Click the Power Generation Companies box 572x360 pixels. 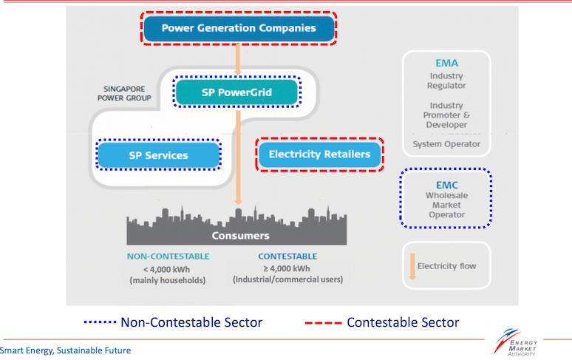pyautogui.click(x=238, y=29)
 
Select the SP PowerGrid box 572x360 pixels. pyautogui.click(x=236, y=92)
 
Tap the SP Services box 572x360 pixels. pyautogui.click(x=159, y=155)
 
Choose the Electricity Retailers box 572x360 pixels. pyautogui.click(x=319, y=154)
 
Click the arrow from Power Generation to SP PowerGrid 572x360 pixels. pyautogui.click(x=238, y=58)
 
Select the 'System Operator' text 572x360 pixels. pyautogui.click(x=446, y=143)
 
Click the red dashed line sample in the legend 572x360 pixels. pyautogui.click(x=323, y=323)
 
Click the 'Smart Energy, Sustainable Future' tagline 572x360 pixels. pyautogui.click(x=65, y=350)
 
